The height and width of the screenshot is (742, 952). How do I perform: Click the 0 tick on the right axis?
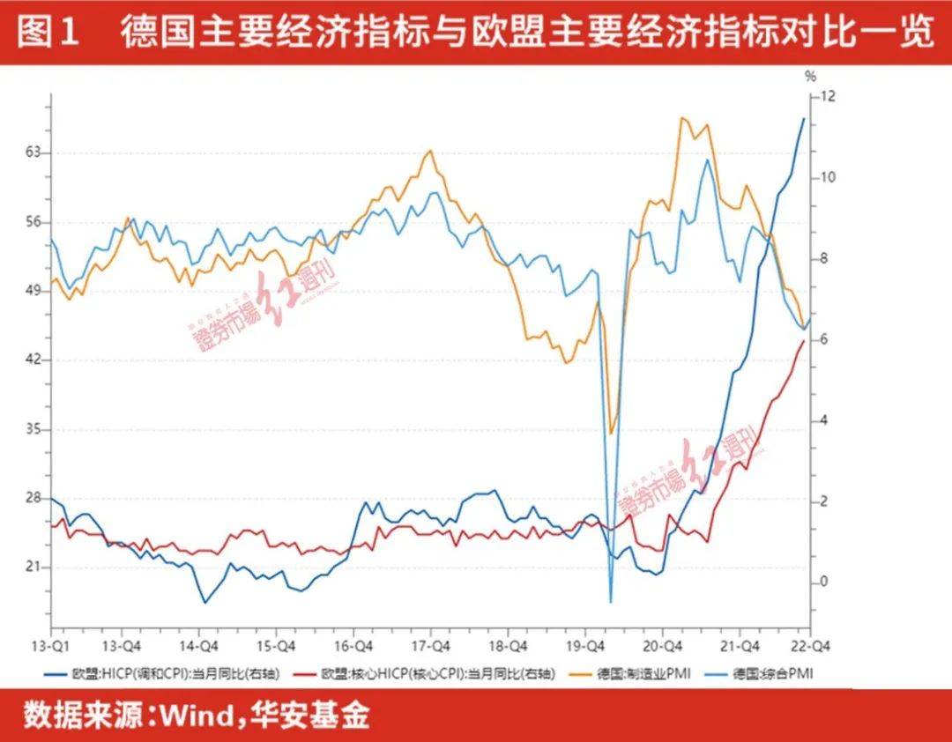tap(824, 582)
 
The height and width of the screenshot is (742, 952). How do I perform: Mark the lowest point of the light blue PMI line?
tap(610, 602)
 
